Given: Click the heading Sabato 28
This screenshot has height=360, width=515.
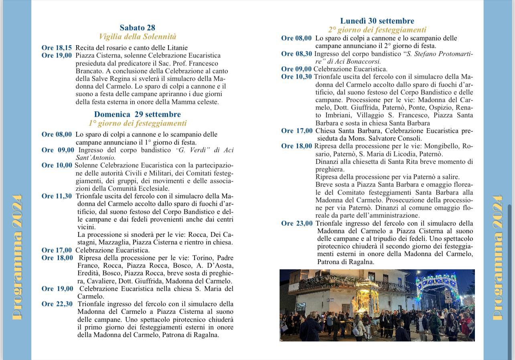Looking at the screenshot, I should coord(137,28).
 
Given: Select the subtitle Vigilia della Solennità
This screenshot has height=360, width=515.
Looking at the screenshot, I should coord(137,37).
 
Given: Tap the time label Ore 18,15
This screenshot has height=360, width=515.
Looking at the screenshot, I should coord(57,48).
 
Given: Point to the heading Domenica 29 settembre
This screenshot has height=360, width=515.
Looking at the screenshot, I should coord(137,114).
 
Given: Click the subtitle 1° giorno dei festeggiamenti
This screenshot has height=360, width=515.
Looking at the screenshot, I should coord(137,123).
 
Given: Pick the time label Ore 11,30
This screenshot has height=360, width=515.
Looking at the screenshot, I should coord(57,196).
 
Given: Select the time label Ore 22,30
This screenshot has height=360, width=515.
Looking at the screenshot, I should coord(57,304).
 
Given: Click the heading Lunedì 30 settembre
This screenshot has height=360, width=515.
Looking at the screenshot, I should coord(377,21).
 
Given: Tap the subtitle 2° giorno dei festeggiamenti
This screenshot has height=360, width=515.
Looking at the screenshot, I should coord(377,30).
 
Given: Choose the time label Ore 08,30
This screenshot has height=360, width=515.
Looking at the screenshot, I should coord(296,54).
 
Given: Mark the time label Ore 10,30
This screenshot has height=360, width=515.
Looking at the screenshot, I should coord(296,77).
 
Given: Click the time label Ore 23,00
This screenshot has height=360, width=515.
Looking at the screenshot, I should coord(297,223).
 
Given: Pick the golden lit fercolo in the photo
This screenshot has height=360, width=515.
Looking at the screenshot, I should coord(367,297).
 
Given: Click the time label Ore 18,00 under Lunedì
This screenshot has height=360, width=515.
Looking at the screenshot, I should coord(296,146).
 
